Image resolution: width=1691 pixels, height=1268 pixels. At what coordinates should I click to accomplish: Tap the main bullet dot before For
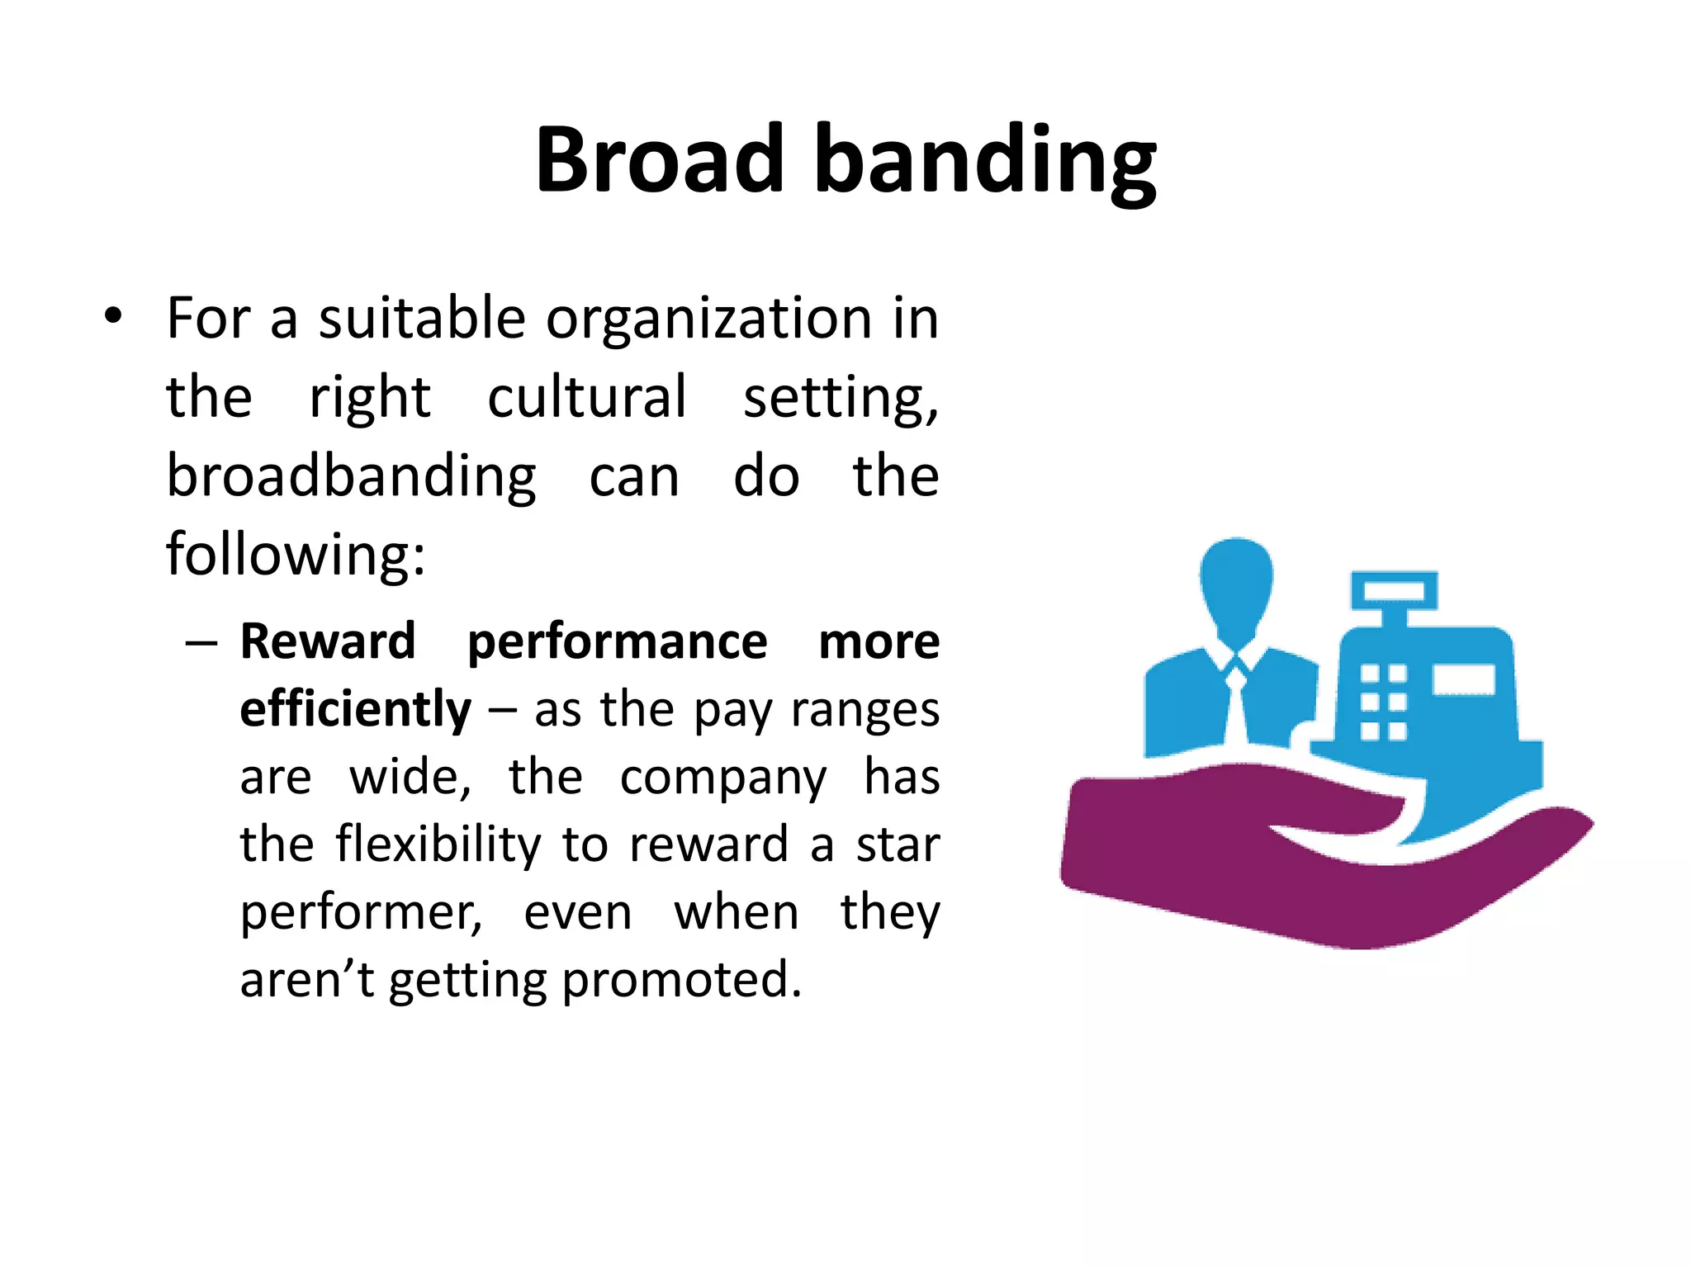113,316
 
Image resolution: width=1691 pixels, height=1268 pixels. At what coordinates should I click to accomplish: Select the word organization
708,319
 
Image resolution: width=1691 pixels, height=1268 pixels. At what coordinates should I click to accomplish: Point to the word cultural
586,397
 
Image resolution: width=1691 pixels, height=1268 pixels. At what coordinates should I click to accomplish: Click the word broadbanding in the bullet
351,477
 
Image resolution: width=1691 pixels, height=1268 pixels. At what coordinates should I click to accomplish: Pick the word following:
296,554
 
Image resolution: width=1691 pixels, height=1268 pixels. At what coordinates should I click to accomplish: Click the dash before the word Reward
201,642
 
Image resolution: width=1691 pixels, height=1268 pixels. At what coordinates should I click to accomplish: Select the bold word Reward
328,641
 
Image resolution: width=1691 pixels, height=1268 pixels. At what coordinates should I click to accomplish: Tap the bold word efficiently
355,709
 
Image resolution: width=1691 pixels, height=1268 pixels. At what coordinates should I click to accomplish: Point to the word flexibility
438,845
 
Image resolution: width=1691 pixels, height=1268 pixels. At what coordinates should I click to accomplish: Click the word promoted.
681,980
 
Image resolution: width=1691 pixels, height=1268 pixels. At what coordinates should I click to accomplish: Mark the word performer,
361,913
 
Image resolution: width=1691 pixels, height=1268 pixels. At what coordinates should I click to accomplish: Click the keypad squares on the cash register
1383,702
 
